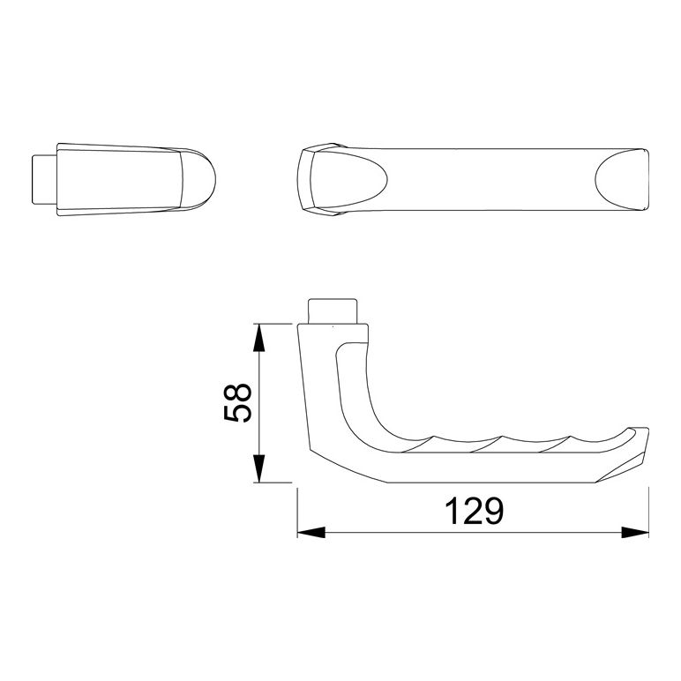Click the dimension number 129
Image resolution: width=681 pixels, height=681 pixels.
point(475,511)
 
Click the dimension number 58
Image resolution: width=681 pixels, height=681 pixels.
point(237,403)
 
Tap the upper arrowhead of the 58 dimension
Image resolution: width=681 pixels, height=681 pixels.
point(258,338)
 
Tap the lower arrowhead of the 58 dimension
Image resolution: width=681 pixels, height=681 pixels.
point(258,468)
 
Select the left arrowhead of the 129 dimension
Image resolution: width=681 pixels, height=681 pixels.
point(311,533)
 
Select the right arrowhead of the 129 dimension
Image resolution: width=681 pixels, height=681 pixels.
point(635,533)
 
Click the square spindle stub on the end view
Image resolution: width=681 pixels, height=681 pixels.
point(44,179)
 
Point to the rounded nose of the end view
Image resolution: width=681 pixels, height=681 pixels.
point(198,179)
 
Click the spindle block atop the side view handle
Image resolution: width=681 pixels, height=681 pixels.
point(333,311)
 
